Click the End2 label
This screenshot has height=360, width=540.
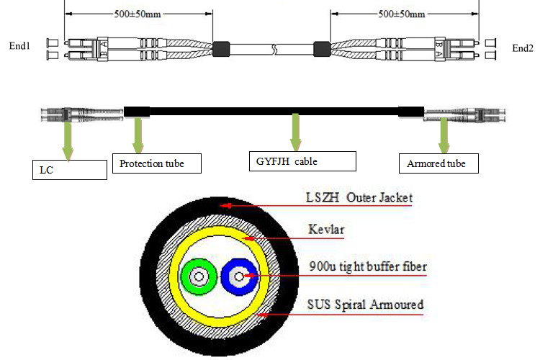point(522,48)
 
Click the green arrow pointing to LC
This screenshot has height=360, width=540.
point(67,138)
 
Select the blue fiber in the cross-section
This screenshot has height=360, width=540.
point(237,275)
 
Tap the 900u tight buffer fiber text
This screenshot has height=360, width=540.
point(366,267)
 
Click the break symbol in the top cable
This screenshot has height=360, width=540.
point(274,50)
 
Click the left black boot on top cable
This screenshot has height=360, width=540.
point(222,49)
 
